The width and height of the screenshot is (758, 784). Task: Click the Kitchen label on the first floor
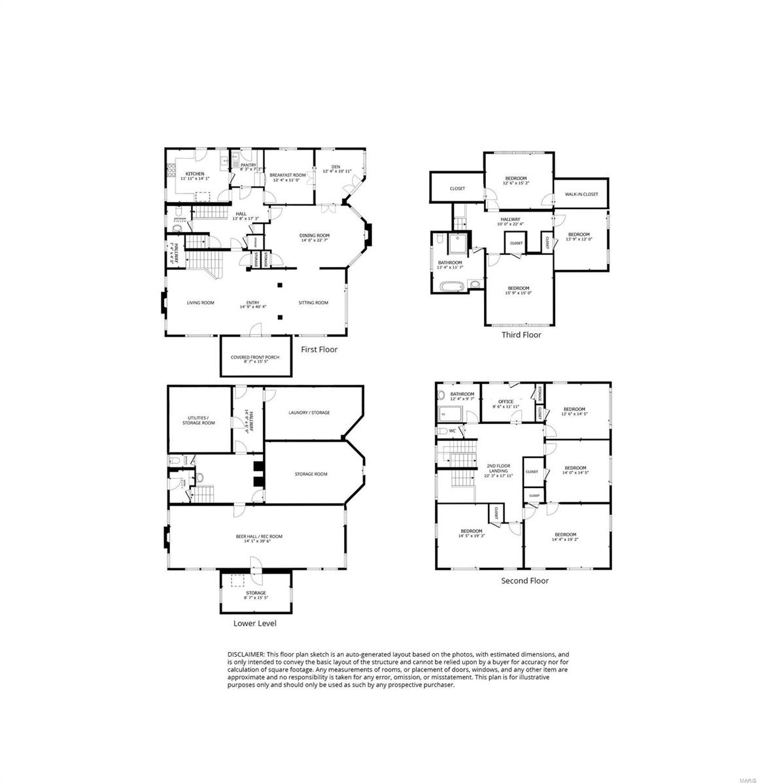point(195,174)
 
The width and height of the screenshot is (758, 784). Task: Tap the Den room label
point(336,167)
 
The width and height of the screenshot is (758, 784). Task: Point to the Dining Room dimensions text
point(314,240)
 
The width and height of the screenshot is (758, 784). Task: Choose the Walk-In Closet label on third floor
point(581,194)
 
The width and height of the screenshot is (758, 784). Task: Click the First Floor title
point(319,350)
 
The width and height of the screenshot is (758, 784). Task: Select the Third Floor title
point(521,335)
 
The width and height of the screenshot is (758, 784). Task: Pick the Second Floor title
point(525,580)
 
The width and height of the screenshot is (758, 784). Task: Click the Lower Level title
point(254,623)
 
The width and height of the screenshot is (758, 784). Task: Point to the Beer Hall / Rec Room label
point(259,536)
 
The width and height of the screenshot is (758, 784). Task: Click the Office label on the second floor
point(506,402)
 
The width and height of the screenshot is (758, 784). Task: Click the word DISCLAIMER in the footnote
point(246,654)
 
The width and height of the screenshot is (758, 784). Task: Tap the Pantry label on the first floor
point(248,165)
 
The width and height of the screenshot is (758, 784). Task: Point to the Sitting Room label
point(313,302)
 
